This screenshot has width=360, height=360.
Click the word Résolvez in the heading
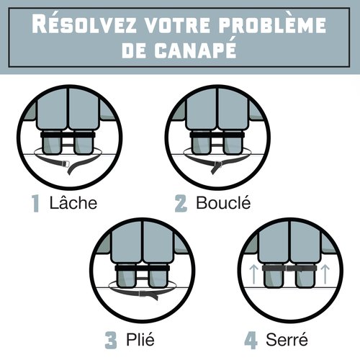coord(84,24)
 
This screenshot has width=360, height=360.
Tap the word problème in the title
coord(272,24)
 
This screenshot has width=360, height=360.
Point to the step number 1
coord(35,203)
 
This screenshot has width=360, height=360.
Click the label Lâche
coord(73,202)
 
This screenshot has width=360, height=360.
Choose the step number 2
coord(181,204)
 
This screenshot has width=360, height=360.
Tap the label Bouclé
coord(223,202)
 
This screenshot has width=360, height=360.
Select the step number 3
coord(111,340)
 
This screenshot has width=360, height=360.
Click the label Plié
coord(140,340)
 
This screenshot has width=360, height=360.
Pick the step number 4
coord(251,341)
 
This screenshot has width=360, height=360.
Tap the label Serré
coord(287,339)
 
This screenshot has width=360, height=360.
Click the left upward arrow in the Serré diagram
coord(253,274)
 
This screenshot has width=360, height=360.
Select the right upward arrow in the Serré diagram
coord(325,274)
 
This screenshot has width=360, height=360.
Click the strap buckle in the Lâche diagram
coord(66,164)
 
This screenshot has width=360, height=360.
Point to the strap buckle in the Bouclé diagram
coord(218,164)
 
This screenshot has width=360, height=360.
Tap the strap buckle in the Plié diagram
coord(143,293)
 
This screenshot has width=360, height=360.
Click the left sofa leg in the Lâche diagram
coord(52,143)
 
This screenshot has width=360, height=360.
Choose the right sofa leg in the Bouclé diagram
coord(233,143)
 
